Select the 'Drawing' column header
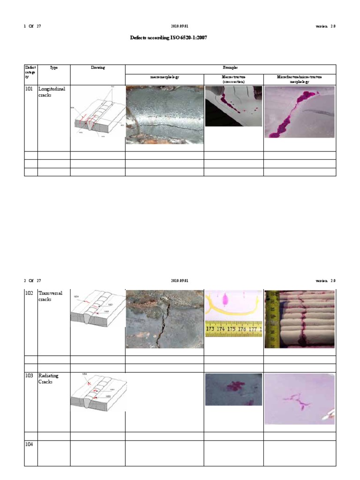(97, 67)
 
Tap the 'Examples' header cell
(230, 67)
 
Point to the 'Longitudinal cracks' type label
(52, 91)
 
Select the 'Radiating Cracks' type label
(48, 379)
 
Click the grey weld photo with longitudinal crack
(165, 115)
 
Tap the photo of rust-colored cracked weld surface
(165, 319)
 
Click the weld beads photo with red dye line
(300, 319)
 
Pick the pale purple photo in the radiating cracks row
(300, 399)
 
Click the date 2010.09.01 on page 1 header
(180, 26)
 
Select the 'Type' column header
(54, 67)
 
